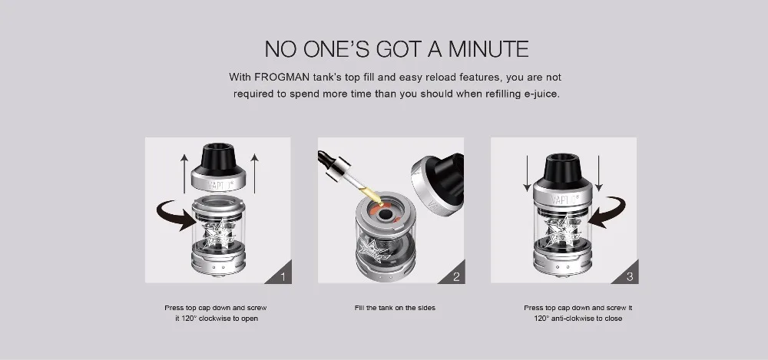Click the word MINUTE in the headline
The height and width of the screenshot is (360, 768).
488,49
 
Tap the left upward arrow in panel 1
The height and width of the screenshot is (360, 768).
184,173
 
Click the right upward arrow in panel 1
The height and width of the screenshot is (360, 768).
254,173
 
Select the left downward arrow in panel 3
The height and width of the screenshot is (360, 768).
527,173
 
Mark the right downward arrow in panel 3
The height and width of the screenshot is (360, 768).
598,173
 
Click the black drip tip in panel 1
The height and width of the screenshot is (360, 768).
218,157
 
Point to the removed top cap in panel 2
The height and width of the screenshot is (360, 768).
438,183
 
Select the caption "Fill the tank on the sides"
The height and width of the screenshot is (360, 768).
395,308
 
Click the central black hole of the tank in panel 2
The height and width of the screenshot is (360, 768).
385,214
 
